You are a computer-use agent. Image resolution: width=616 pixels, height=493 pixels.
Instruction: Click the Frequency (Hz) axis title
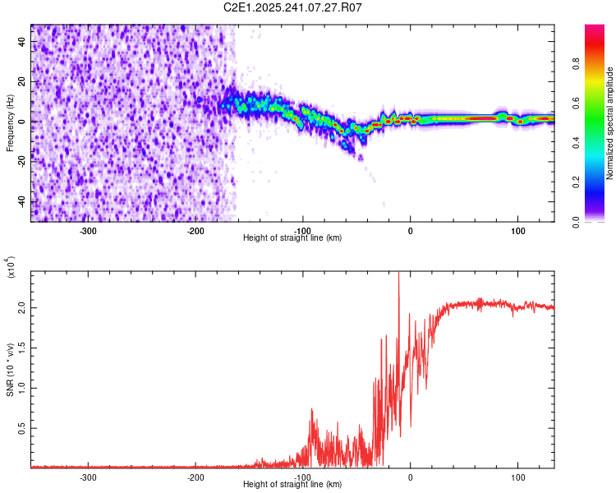pyautogui.click(x=10, y=123)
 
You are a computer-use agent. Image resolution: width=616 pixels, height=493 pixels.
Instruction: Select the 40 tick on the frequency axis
pyautogui.click(x=21, y=44)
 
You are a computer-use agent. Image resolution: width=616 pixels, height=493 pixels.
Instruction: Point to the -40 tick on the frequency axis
pyautogui.click(x=20, y=201)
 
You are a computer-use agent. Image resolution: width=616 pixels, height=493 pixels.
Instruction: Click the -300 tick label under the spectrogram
pyautogui.click(x=89, y=230)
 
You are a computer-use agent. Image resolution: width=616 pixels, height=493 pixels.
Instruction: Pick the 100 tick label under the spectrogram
pyautogui.click(x=518, y=230)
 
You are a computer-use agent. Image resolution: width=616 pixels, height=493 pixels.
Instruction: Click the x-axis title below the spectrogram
pyautogui.click(x=292, y=238)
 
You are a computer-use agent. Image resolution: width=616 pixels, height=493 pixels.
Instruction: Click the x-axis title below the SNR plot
pyautogui.click(x=292, y=485)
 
